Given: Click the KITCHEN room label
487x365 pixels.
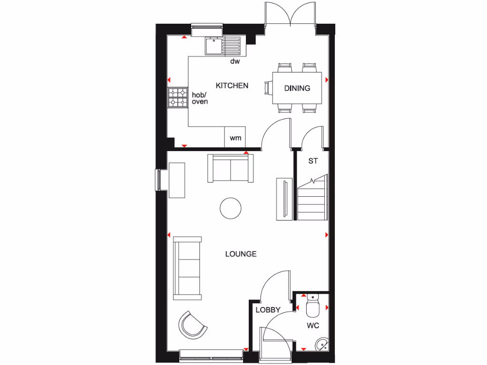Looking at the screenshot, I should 232,86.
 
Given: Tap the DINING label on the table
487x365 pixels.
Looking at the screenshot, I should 297,88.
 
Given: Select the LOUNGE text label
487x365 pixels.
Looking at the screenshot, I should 241,254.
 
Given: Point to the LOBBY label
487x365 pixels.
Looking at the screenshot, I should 268,310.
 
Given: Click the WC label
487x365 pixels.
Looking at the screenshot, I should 312,326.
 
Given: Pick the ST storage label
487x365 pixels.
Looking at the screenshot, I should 312,161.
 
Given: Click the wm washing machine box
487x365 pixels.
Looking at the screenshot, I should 235,138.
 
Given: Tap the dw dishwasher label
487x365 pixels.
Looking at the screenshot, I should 234,62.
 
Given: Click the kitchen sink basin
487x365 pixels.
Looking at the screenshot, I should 213,46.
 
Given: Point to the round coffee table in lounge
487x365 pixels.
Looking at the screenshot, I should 231,208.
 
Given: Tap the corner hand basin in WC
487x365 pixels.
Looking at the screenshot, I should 322,343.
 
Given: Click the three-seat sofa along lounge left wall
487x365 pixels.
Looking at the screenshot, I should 187,268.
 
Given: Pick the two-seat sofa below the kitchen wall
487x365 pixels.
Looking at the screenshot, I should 230,168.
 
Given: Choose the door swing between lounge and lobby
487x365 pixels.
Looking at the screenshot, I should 275,285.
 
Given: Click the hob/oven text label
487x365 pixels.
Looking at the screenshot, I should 200,98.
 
